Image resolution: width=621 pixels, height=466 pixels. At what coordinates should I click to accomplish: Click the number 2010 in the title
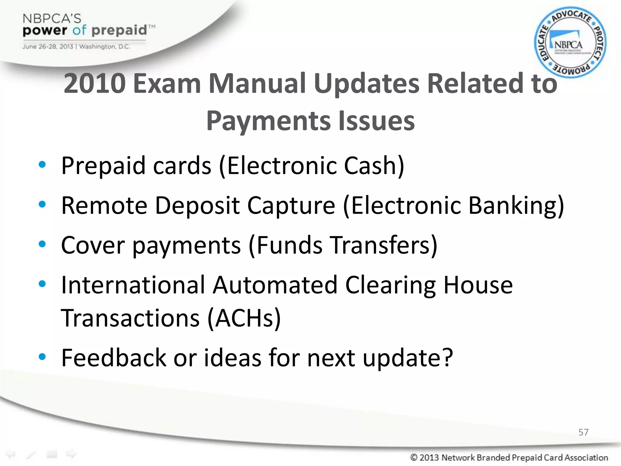[95, 83]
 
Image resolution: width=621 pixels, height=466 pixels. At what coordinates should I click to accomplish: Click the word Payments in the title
[268, 121]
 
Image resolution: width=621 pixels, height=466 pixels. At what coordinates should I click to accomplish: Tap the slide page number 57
[583, 432]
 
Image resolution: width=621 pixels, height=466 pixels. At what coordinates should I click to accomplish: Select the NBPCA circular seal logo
[570, 42]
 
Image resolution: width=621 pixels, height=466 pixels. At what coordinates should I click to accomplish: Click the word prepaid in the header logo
[119, 31]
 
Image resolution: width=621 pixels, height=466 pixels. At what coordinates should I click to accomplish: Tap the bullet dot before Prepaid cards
[42, 165]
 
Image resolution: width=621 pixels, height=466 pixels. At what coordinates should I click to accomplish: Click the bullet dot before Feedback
[42, 357]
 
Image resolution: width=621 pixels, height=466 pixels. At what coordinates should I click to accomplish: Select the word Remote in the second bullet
[104, 205]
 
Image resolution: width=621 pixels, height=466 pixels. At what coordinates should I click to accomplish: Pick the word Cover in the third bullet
[93, 245]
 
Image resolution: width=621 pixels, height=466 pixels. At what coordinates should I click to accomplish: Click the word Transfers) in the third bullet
[384, 245]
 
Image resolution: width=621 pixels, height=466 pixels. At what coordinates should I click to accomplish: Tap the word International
[133, 285]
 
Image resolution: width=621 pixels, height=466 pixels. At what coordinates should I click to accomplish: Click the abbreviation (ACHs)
[244, 318]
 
